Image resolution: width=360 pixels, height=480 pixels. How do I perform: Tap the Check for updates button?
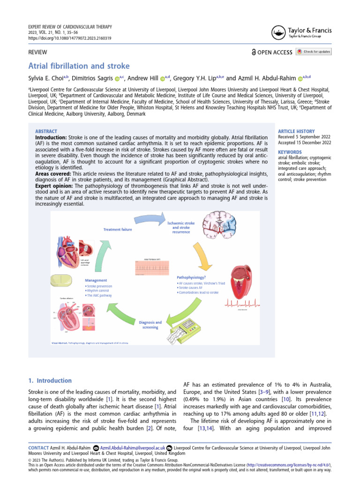click(x=314, y=52)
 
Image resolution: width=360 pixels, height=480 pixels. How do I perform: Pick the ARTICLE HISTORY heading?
click(x=296, y=131)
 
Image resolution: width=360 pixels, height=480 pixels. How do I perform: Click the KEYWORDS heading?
click(x=291, y=152)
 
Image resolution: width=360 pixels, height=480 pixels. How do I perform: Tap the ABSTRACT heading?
click(x=46, y=131)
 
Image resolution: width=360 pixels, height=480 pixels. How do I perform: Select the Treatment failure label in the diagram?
click(x=118, y=229)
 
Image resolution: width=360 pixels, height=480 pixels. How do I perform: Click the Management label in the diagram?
click(x=96, y=280)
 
